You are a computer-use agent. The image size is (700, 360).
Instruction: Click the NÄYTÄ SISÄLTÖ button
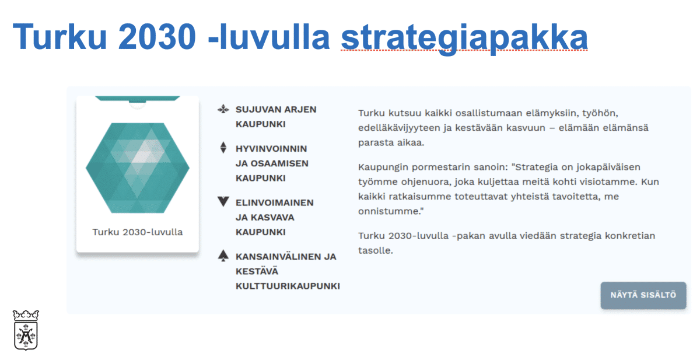tap(643, 295)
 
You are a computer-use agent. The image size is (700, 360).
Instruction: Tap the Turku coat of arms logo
tap(25, 330)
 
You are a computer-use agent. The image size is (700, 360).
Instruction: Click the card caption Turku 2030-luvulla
tap(138, 232)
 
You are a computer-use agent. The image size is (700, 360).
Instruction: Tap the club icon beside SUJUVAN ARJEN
tap(222, 109)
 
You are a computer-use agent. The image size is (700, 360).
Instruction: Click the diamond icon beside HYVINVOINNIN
tap(222, 148)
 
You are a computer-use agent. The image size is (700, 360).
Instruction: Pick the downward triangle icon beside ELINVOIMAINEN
tap(222, 202)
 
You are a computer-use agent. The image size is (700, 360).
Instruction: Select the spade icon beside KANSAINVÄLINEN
tap(222, 256)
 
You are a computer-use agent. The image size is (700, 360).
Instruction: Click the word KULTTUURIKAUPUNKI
tap(288, 286)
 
